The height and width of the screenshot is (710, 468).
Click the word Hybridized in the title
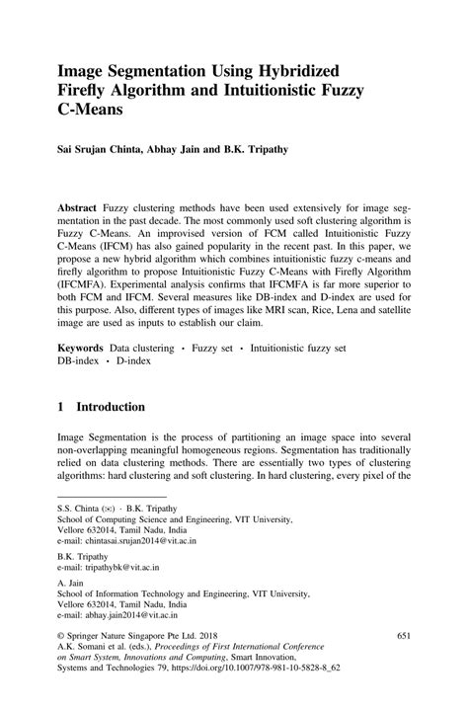(287, 71)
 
